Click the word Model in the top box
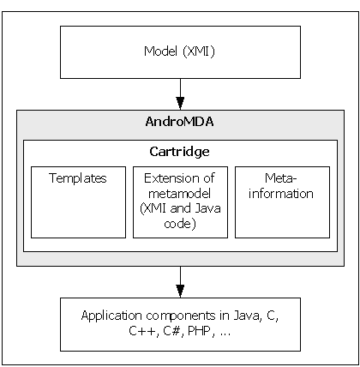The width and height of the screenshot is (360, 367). (x=160, y=51)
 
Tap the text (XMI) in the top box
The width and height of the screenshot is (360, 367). (x=199, y=51)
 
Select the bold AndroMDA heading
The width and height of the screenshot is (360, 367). (x=179, y=122)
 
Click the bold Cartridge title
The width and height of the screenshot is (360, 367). (x=179, y=152)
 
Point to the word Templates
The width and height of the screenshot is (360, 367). (x=78, y=178)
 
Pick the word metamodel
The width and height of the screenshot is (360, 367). (x=179, y=194)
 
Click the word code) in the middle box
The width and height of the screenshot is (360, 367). (x=180, y=224)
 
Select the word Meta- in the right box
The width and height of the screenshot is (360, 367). (x=281, y=178)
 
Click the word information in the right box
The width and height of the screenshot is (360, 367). (x=281, y=194)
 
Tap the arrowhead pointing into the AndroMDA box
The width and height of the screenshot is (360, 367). (x=180, y=103)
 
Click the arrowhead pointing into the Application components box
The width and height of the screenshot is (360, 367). (x=180, y=291)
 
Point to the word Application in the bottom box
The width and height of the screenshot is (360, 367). (x=111, y=316)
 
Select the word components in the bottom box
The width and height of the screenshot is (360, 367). (x=181, y=316)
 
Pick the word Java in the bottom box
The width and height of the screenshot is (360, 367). (x=247, y=316)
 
